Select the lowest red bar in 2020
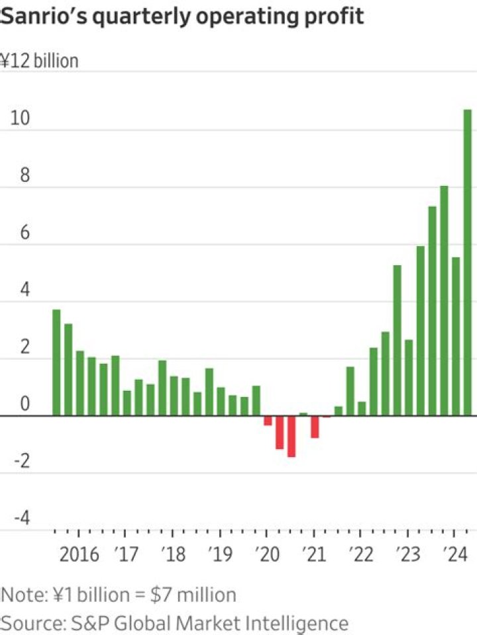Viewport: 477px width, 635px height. click(291, 437)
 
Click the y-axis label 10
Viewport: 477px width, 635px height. click(20, 118)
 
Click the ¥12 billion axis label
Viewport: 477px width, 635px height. click(40, 61)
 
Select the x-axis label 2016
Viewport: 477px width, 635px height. click(79, 553)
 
